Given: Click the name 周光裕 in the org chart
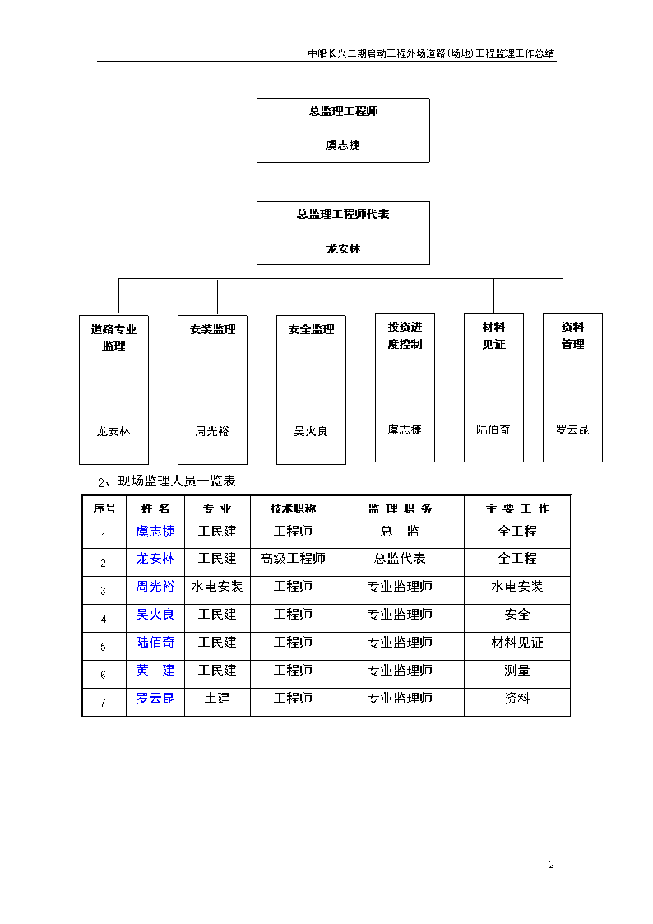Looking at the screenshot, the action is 212,431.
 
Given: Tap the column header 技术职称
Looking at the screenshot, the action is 294,508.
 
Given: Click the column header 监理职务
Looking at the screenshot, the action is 400,508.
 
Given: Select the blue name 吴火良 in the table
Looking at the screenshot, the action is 155,614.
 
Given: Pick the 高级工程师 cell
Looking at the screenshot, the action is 293,558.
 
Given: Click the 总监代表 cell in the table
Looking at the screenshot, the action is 400,558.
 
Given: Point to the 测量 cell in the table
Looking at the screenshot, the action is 517,670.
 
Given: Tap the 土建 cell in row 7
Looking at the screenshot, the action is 216,699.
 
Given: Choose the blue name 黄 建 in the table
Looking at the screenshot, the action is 155,670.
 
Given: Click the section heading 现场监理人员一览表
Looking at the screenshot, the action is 177,481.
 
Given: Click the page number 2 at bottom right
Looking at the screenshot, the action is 551,865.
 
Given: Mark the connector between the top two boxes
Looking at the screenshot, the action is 336,182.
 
